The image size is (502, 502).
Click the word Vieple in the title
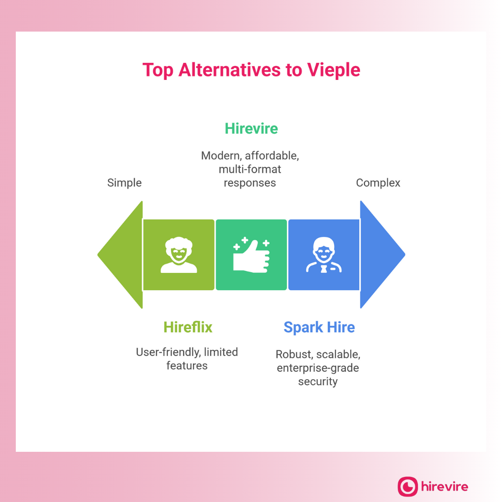pos(333,70)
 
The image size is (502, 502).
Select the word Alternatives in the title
pos(229,70)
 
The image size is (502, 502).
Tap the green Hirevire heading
pos(251,128)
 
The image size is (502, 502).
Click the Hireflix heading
pos(188,327)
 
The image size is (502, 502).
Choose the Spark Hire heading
pos(319,327)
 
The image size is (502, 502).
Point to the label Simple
pos(124,183)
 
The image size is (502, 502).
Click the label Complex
pos(378,183)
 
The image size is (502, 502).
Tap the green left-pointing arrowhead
pos(121,255)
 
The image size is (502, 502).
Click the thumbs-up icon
pos(251,255)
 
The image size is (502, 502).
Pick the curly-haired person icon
pos(178,255)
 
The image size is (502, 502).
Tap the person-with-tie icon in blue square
pos(324,255)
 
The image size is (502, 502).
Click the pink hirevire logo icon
pos(408,487)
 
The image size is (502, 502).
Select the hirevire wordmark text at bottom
pos(445,487)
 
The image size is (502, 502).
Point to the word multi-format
pos(250,169)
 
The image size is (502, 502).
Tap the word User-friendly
pos(168,352)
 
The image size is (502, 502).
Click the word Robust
pos(294,354)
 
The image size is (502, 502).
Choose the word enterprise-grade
pos(318,368)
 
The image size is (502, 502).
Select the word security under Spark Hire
pos(318,382)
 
